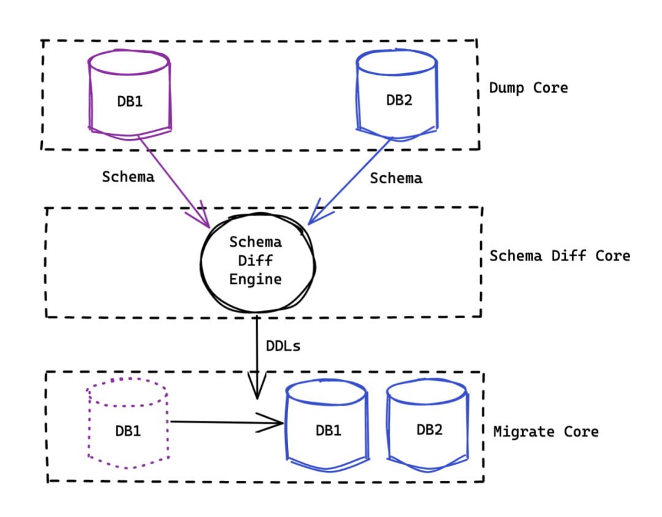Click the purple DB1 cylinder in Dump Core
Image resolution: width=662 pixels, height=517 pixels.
point(129,95)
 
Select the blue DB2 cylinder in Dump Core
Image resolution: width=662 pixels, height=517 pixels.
point(397,95)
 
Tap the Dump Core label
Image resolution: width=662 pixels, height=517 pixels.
point(528,88)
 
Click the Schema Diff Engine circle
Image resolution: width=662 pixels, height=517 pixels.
point(257,263)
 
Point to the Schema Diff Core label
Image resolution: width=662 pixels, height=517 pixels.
point(560,256)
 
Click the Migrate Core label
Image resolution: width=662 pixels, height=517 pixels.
point(546,432)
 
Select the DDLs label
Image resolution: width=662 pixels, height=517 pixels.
point(283,347)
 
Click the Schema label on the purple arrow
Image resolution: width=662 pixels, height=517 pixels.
point(128,177)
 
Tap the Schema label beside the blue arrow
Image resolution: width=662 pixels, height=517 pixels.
point(396,178)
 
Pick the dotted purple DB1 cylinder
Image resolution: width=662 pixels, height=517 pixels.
point(128,423)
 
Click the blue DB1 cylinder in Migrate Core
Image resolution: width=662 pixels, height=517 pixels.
point(327,425)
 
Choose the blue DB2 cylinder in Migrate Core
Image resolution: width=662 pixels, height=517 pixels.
point(428,425)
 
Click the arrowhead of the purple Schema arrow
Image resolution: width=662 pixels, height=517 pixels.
point(210,228)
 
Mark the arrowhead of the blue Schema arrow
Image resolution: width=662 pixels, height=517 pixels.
point(308,224)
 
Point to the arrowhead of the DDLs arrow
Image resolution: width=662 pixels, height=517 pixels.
point(257,399)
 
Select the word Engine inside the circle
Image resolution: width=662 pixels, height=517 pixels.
point(256,280)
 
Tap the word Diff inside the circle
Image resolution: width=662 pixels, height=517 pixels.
point(256,261)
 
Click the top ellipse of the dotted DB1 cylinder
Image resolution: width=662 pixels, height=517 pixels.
point(127,392)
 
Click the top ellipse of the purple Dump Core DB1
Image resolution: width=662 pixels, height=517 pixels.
point(129,63)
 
